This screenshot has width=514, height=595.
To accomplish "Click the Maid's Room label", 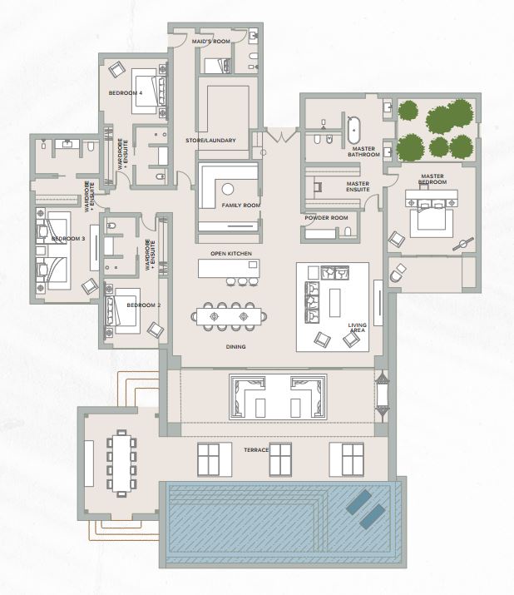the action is pyautogui.click(x=211, y=42).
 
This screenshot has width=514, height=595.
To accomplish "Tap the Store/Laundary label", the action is pyautogui.click(x=210, y=141).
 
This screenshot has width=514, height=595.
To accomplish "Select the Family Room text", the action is pyautogui.click(x=241, y=206).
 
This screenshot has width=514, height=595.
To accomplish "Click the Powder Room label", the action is pyautogui.click(x=326, y=218).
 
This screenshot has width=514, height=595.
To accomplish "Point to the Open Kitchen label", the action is pyautogui.click(x=231, y=254).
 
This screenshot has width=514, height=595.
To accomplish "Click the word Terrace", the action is pyautogui.click(x=256, y=450).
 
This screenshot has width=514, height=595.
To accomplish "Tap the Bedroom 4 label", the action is pyautogui.click(x=126, y=93).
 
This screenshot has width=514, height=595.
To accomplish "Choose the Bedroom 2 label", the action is pyautogui.click(x=144, y=305).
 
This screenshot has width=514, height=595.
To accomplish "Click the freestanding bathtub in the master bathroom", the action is pyautogui.click(x=353, y=130).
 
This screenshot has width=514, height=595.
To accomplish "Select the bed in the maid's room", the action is pyautogui.click(x=217, y=66).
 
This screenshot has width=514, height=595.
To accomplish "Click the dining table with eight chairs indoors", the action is pyautogui.click(x=229, y=316).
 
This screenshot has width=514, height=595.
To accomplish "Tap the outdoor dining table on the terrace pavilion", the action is pyautogui.click(x=121, y=464).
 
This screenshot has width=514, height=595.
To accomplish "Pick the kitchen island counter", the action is pyautogui.click(x=229, y=268).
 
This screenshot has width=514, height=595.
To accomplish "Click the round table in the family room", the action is pyautogui.click(x=228, y=189).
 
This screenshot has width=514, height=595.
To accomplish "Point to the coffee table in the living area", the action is pyautogui.click(x=335, y=303).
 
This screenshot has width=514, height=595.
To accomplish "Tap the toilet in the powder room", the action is pyautogui.click(x=348, y=231).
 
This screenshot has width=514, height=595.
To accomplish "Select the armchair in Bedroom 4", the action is pyautogui.click(x=116, y=69).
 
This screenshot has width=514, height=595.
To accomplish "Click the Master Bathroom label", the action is pyautogui.click(x=363, y=151).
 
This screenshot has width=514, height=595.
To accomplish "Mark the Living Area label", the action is pyautogui.click(x=357, y=328).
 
